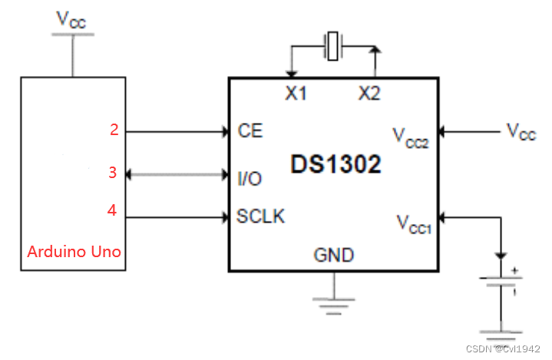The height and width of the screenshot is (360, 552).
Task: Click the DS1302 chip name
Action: [x=335, y=164]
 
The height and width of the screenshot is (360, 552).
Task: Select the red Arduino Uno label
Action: [x=74, y=251]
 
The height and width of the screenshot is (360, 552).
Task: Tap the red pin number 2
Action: [x=114, y=130]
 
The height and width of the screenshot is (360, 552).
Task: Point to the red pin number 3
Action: [x=113, y=173]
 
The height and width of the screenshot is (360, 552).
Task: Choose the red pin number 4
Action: [x=113, y=210]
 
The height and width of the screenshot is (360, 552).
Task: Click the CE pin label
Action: [x=250, y=130]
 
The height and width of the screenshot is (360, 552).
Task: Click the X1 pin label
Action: [x=296, y=94]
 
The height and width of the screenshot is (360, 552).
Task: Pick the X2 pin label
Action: [x=369, y=94]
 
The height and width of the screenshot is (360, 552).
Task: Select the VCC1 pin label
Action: [x=413, y=223]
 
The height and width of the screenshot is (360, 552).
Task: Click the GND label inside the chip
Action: [x=333, y=255]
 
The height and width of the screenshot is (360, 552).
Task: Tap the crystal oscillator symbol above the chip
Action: [x=332, y=45]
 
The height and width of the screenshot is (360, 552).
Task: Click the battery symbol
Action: [x=501, y=282]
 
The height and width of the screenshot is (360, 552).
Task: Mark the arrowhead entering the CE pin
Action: [x=225, y=131]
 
